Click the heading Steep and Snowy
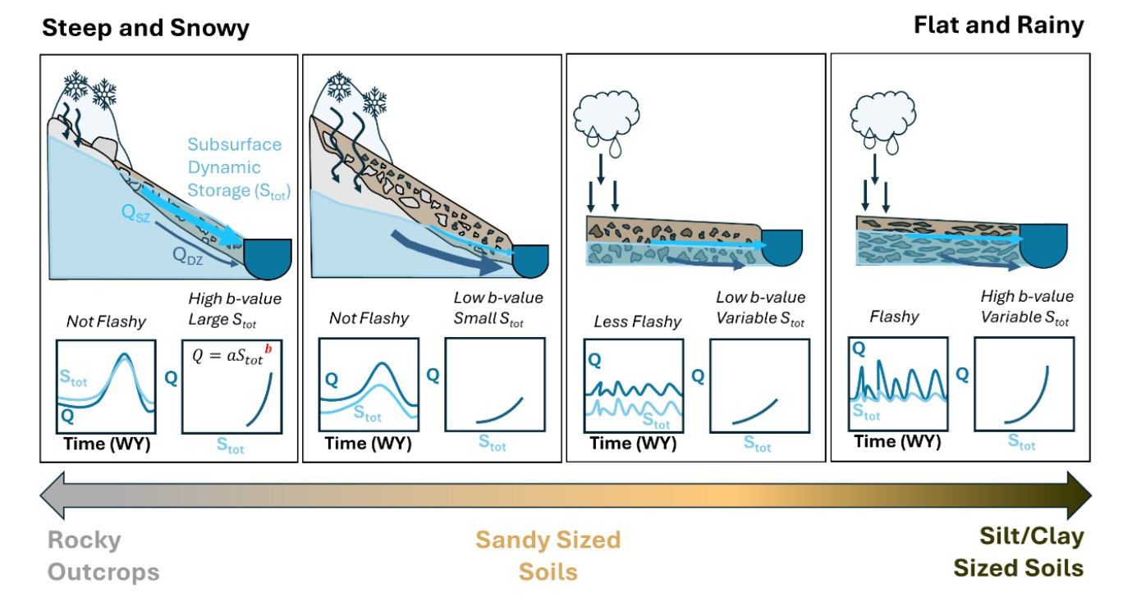[x=145, y=29]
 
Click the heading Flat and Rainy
[x=998, y=25]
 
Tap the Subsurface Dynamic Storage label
[x=234, y=168]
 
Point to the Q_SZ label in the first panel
[x=137, y=212]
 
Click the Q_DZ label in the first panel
[x=189, y=254]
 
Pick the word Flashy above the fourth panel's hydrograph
[x=894, y=316]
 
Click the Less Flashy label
[x=637, y=321]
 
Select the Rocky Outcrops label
[x=103, y=555]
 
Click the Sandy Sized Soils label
[x=548, y=555]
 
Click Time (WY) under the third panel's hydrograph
[x=633, y=444]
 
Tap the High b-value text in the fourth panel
[x=1026, y=297]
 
